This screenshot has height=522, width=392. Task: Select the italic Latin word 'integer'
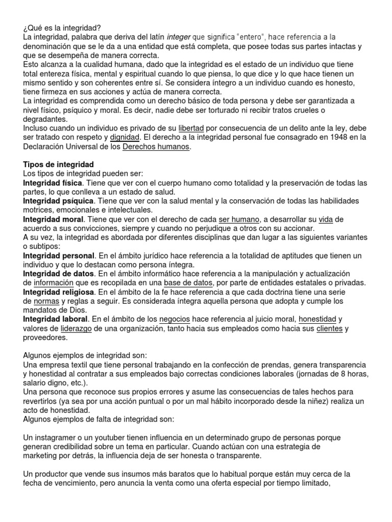point(179,37)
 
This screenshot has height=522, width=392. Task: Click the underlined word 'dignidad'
point(126,138)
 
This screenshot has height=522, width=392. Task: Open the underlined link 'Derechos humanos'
point(156,147)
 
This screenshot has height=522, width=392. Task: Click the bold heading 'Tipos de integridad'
point(59,165)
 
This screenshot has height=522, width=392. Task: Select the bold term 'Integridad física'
point(53,183)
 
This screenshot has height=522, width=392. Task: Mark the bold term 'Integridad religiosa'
point(59,292)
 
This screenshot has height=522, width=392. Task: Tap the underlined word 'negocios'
point(175,320)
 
